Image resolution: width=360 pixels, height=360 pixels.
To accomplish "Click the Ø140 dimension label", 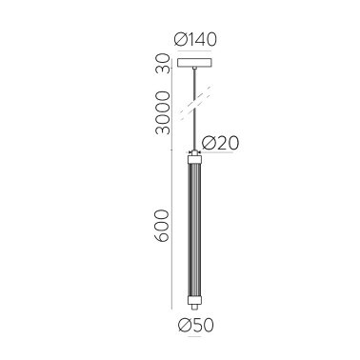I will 197,39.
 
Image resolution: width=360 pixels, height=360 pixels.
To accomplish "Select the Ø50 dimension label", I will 197,324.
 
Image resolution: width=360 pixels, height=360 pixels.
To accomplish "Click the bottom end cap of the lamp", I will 195,300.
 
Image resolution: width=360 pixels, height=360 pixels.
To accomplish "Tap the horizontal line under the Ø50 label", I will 196,312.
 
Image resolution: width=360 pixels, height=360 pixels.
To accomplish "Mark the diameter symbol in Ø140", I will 181,39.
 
